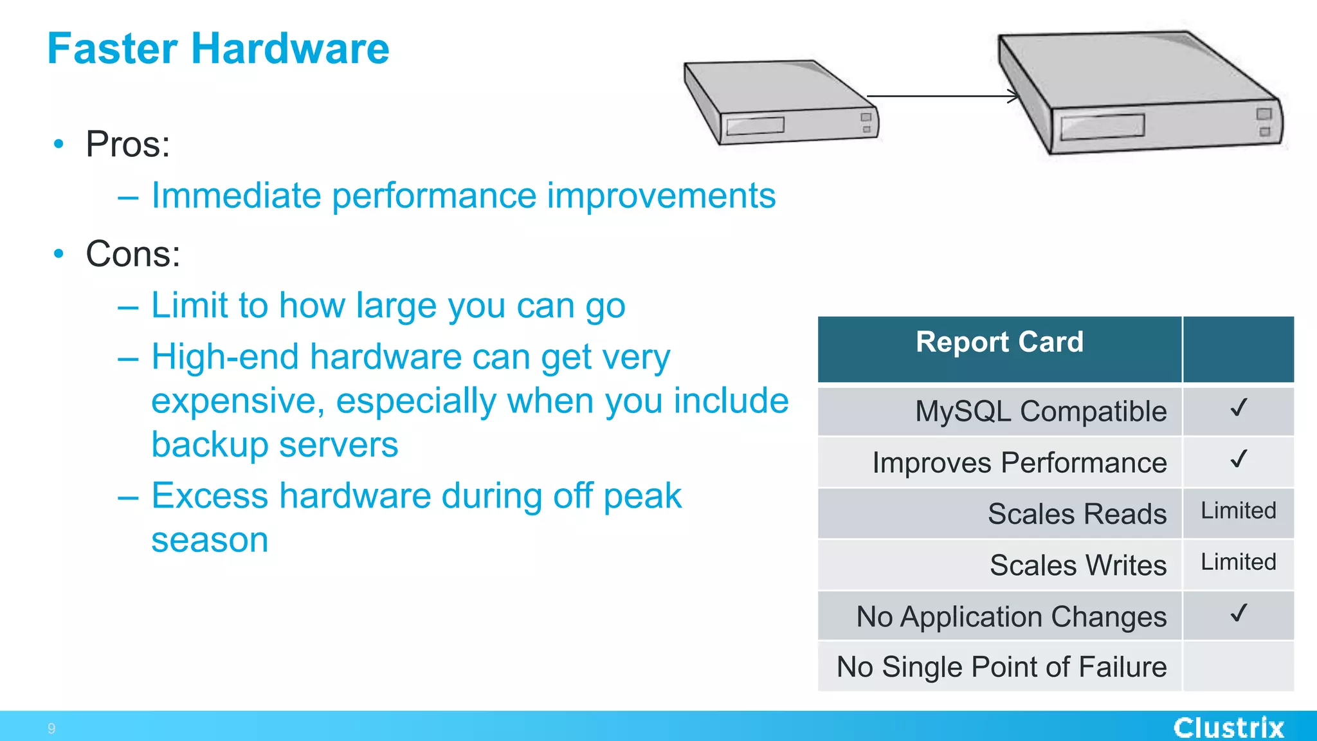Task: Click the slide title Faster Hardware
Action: click(218, 49)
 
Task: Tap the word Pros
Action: click(127, 144)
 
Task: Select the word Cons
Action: click(132, 254)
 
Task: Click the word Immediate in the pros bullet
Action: click(235, 196)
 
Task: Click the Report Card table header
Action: click(999, 342)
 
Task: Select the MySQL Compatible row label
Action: click(1040, 412)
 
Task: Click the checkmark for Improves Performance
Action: click(1238, 460)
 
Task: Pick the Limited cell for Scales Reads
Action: click(1238, 511)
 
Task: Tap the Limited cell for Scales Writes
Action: click(1238, 563)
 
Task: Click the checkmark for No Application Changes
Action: click(1238, 614)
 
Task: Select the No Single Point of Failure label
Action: click(1001, 667)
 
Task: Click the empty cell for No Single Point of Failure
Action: click(1238, 667)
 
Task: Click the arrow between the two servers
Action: click(942, 96)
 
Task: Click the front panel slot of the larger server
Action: click(1102, 127)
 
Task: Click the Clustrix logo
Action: click(1228, 727)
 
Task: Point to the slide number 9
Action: click(51, 729)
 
